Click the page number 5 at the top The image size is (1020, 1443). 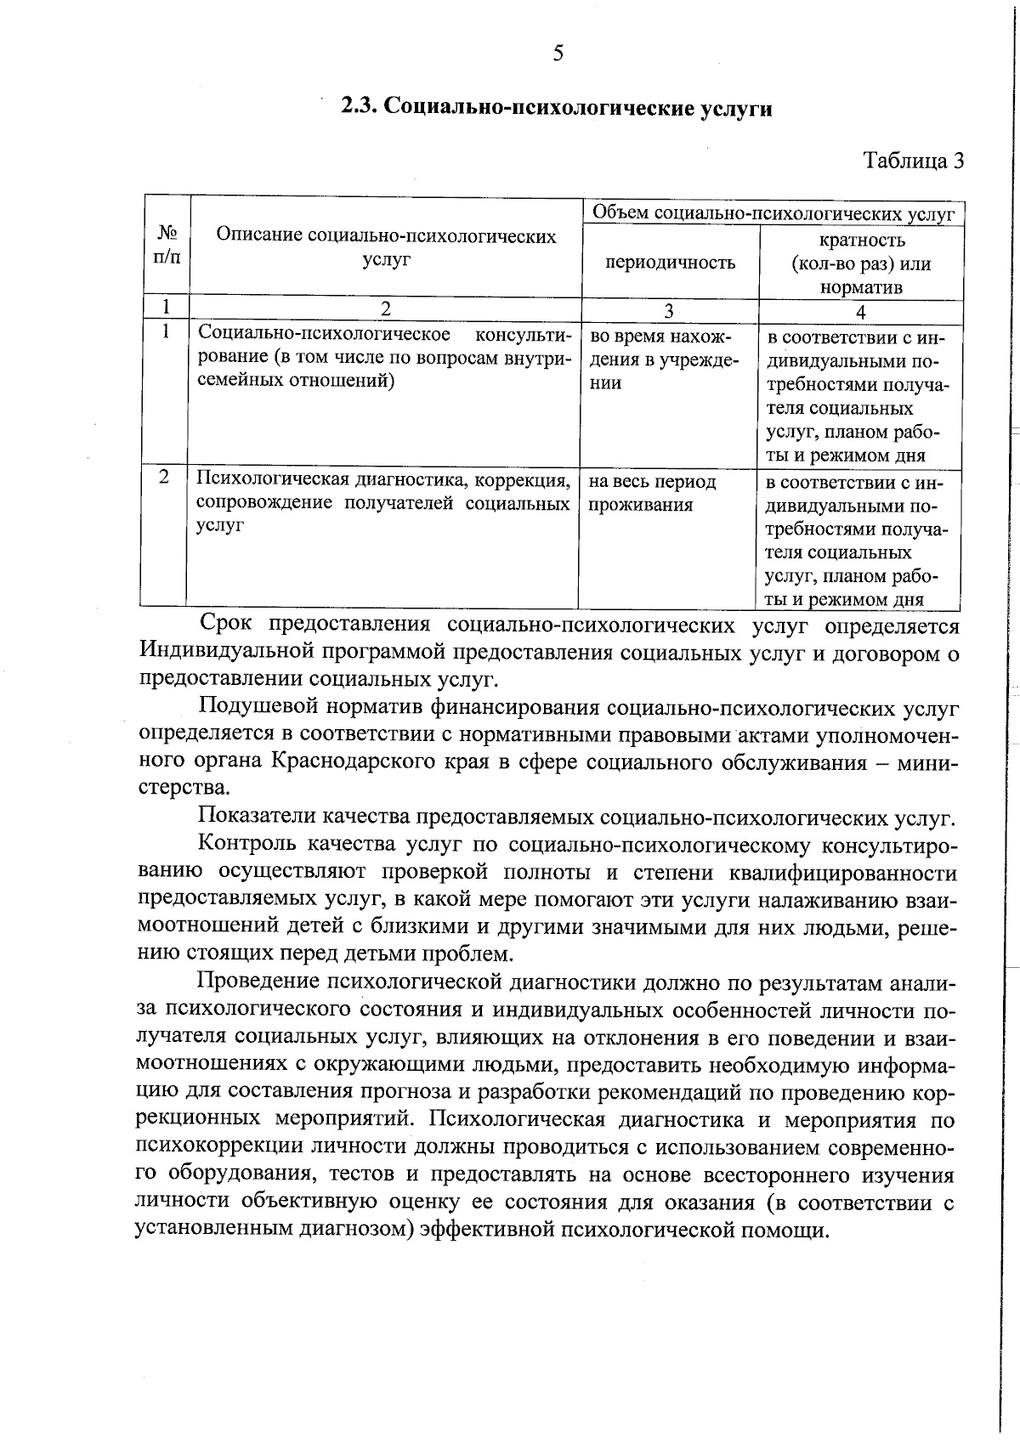coord(558,54)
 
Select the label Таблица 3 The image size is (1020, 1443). coord(914,160)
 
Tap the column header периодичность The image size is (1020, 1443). coord(670,263)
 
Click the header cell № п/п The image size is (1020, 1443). coord(167,245)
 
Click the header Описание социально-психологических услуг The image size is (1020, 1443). coord(386,247)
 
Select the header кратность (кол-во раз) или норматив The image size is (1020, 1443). coord(860,263)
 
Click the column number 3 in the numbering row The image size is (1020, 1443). coord(669,311)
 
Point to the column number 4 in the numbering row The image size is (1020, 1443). coord(860,311)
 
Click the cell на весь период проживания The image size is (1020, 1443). coord(652,494)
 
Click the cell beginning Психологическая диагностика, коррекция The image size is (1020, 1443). coord(382,502)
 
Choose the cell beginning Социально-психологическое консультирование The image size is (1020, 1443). coord(382,358)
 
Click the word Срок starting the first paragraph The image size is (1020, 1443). coord(226,625)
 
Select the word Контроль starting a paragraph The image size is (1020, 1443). coord(246,845)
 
